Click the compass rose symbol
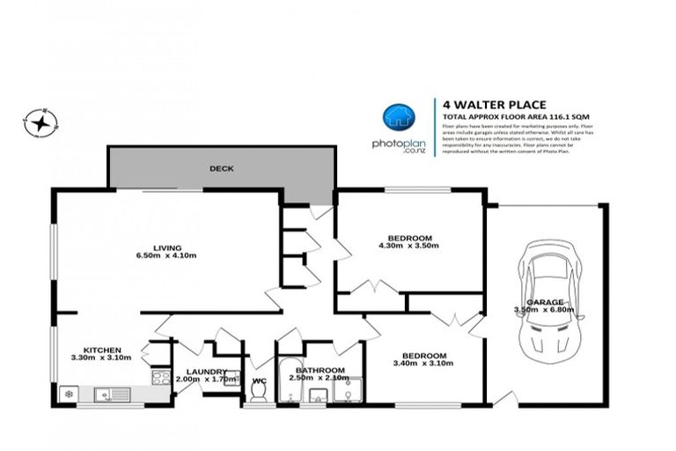(x=39, y=122)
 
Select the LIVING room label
(x=167, y=247)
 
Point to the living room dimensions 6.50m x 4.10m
(x=167, y=256)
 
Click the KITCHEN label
(x=102, y=350)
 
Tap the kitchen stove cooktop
(x=161, y=377)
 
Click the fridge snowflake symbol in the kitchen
(x=65, y=393)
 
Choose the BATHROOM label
(x=320, y=371)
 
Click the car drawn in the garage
(x=545, y=295)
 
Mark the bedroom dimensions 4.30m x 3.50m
(x=409, y=245)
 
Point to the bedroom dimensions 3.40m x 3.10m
(x=423, y=362)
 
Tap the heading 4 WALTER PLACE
(x=482, y=105)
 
